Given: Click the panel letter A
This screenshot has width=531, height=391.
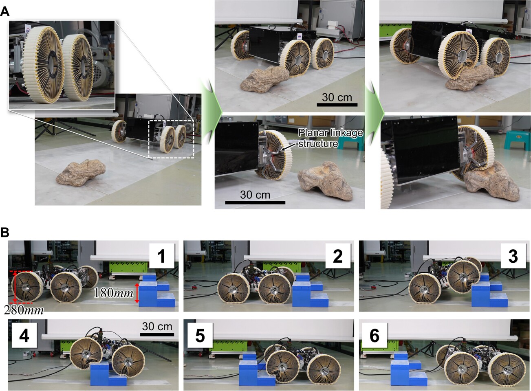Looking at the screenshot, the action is click(5, 12).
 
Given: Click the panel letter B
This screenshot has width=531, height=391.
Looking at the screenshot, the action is click(5, 233).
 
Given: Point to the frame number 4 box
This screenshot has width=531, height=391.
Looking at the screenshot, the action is click(24, 336).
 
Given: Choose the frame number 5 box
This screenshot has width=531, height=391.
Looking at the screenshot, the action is click(200, 336).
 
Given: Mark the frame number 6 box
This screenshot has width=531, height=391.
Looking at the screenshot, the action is click(375, 336).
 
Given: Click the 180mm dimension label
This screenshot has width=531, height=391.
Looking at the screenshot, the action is click(114, 293).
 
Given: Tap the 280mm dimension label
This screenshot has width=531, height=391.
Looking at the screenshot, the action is click(24, 310).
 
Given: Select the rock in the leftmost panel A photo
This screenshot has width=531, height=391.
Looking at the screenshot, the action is click(81, 172).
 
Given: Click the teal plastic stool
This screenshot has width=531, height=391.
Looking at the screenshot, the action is click(517, 140).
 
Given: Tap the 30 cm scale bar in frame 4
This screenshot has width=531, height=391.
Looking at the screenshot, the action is click(157, 335).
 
